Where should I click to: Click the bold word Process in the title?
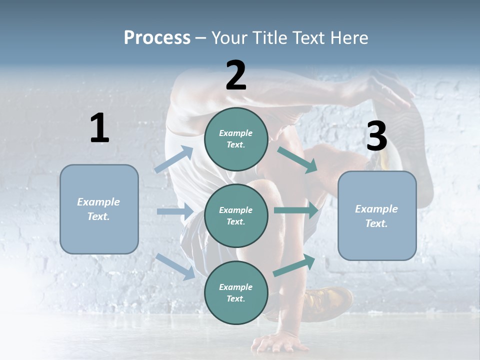tap(157, 37)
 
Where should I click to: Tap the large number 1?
tap(99, 128)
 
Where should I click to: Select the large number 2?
tap(236, 75)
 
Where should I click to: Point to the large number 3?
tap(376, 136)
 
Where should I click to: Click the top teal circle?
tap(236, 139)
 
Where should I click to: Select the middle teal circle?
tap(236, 215)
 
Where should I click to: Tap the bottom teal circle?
tap(236, 292)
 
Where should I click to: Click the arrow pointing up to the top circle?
tap(174, 159)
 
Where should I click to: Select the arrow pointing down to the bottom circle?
tap(175, 266)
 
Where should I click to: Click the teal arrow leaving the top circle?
tap(297, 159)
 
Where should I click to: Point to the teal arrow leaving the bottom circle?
tap(294, 265)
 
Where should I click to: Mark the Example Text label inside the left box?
tap(98, 209)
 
